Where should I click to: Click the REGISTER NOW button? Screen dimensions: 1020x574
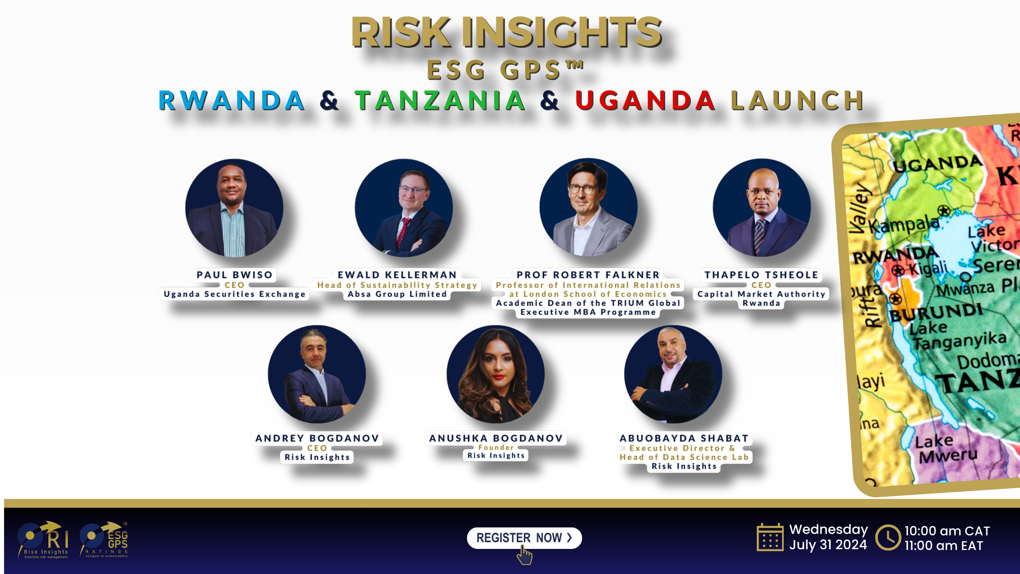point(524,538)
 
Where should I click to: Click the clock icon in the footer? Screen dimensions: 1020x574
point(888,538)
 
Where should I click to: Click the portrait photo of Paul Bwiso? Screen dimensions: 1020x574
point(234,208)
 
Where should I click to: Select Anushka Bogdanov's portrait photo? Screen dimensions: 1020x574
point(495,374)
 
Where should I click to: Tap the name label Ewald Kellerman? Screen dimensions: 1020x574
point(397,275)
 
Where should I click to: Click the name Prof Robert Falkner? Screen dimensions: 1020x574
point(588,275)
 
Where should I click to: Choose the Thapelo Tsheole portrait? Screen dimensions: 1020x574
point(762,208)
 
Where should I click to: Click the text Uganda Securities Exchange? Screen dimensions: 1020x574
point(234,294)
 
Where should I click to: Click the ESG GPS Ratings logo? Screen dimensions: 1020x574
point(104,539)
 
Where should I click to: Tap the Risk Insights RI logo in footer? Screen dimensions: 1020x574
point(43,539)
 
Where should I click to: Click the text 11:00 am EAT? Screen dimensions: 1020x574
point(943,545)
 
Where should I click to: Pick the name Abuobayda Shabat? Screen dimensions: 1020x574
point(684,438)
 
